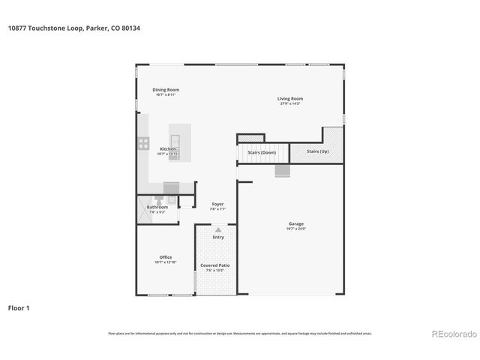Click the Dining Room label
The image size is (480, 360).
pos(166,89)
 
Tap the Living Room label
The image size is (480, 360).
pos(289,98)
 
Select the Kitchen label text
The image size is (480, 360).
pos(167,149)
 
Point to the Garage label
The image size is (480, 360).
pos(296,223)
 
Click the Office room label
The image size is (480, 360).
pos(165,257)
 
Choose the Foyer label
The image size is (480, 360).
pos(217,204)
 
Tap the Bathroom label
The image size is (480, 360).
pos(157,207)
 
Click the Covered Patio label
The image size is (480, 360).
pos(214,265)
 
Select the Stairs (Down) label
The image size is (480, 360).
pos(262,152)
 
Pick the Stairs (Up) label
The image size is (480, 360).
pos(317,151)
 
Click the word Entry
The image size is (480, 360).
pos(217,237)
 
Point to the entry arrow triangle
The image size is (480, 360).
pos(217,229)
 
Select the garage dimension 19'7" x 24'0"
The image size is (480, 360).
pos(296,229)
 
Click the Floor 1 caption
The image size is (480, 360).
pos(19,307)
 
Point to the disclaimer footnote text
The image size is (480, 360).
pos(239,334)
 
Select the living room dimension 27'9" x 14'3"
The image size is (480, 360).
pos(289,103)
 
